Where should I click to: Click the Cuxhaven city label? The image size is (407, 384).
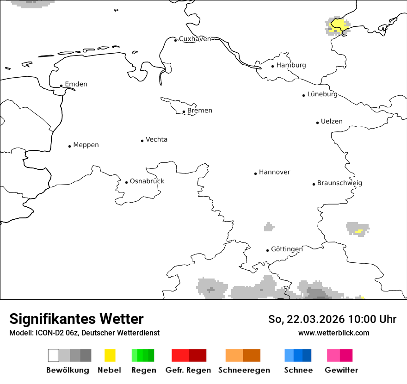point(195,39)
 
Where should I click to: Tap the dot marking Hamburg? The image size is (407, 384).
point(273,66)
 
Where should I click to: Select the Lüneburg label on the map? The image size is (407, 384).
point(322,94)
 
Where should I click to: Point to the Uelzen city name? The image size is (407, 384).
point(332,121)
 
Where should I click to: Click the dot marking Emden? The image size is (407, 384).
point(61,86)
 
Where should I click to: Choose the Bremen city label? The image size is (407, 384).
point(200,111)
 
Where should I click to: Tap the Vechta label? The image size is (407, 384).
point(156,139)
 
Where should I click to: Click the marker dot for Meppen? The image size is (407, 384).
point(69,146)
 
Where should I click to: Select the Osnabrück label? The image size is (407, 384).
point(147,181)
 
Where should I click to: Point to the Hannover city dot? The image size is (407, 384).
point(255,173)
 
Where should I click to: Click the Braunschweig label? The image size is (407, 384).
point(339,183)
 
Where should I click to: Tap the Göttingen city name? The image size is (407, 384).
point(287,249)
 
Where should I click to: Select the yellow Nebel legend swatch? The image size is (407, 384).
point(110,355)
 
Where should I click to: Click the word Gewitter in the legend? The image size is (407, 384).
point(341,370)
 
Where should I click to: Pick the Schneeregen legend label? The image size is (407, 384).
point(244,370)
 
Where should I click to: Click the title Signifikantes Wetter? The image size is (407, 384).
point(76,319)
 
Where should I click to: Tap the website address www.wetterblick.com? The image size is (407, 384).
point(333,333)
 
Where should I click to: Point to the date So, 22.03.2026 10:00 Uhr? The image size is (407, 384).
point(332,319)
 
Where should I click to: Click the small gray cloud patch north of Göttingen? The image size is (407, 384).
point(269,227)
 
